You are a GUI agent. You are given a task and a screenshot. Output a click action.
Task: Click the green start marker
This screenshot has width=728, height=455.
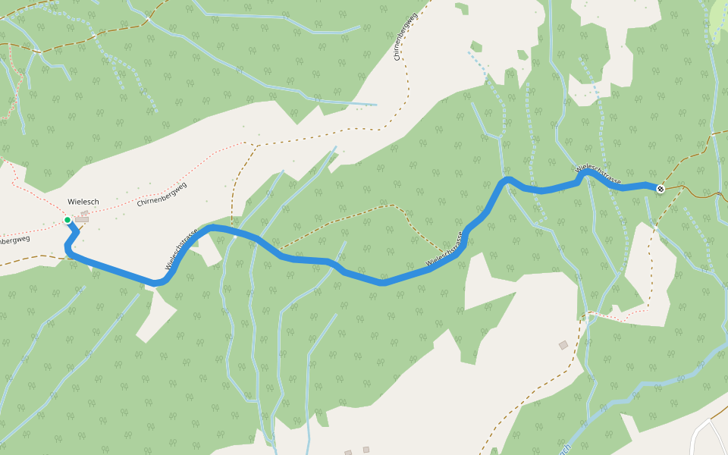pyautogui.click(x=67, y=220)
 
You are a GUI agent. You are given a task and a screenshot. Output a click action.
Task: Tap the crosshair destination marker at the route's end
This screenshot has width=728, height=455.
pyautogui.click(x=661, y=189)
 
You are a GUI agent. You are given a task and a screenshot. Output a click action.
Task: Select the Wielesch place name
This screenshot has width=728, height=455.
pyautogui.click(x=83, y=202)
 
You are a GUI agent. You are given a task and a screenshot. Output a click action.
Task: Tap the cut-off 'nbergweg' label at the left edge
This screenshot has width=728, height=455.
pyautogui.click(x=14, y=240)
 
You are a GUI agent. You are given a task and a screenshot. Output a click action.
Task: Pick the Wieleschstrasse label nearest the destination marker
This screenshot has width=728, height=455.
pyautogui.click(x=599, y=174)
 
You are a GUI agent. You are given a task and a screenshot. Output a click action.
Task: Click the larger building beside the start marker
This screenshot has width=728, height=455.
pyautogui.click(x=81, y=220)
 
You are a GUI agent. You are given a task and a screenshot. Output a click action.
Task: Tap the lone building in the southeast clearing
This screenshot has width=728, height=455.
pyautogui.click(x=563, y=345)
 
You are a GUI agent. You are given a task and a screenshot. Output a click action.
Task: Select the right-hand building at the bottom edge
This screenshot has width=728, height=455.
pyautogui.click(x=366, y=450)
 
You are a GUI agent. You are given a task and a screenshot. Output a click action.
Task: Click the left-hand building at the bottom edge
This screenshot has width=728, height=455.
pyautogui.click(x=348, y=453)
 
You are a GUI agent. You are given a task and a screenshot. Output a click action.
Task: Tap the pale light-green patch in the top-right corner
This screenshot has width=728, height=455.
pyautogui.click(x=716, y=19)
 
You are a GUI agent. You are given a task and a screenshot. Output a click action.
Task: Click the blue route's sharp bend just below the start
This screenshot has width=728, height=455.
pyautogui.click(x=68, y=248)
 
